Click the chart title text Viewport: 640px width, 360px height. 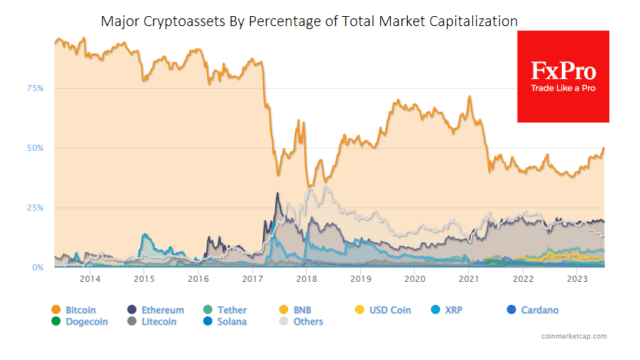tap(309, 21)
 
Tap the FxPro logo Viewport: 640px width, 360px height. tap(563, 77)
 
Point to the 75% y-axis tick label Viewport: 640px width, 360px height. tap(35, 89)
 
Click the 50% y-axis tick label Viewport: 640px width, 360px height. tap(35, 148)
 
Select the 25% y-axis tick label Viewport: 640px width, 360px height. tap(35, 208)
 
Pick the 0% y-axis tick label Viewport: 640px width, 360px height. tap(38, 267)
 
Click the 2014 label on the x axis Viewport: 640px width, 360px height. tap(90, 280)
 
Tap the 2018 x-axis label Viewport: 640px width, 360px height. tap(306, 280)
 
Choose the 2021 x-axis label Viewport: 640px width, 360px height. tap(468, 280)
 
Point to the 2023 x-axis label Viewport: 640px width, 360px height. tap(576, 280)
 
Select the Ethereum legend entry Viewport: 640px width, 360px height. tap(156, 310)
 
